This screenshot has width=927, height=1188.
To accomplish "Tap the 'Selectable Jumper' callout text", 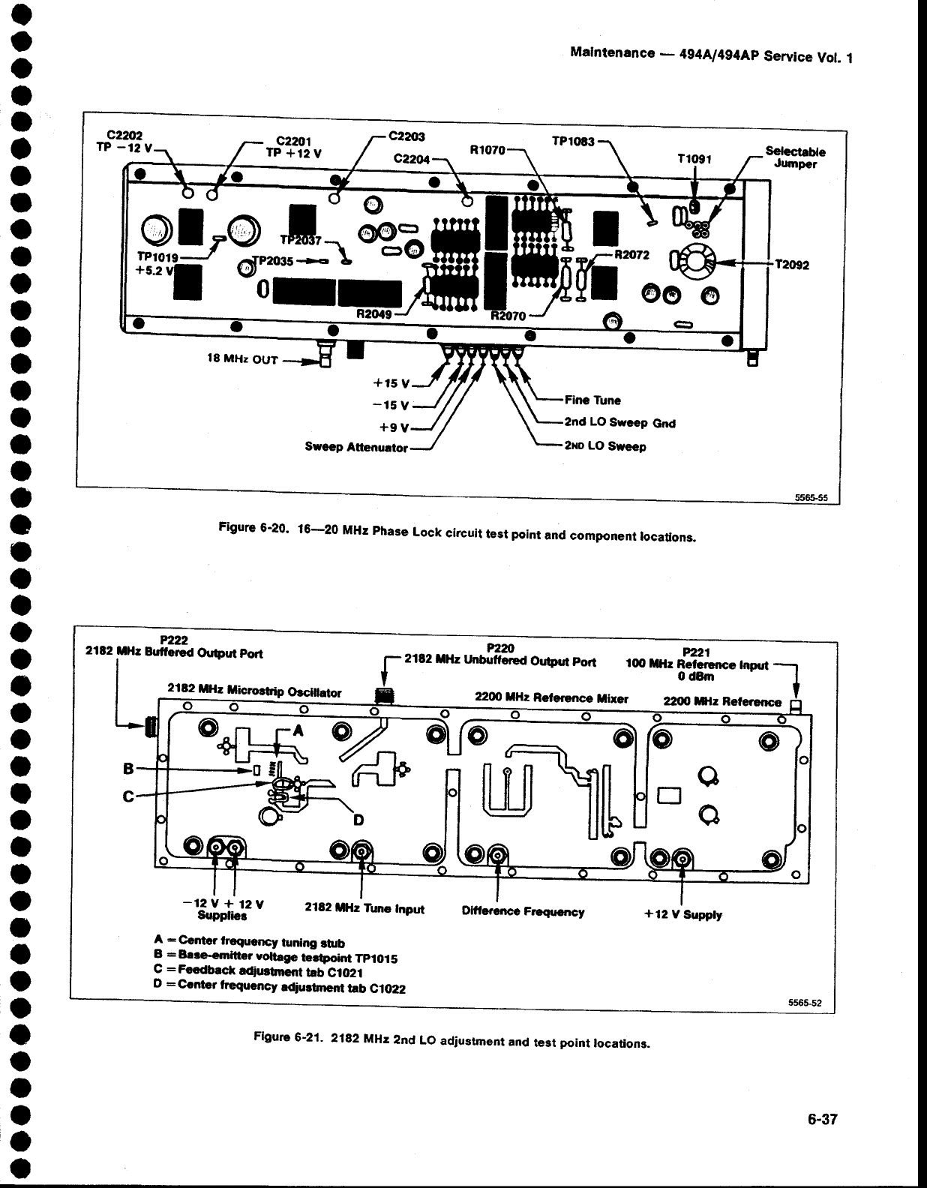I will tap(794, 156).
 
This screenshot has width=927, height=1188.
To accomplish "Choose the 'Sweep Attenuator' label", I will tap(355, 448).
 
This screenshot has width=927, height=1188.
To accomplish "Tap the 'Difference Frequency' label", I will tap(523, 912).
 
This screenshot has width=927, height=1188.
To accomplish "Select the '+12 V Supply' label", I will tap(683, 914).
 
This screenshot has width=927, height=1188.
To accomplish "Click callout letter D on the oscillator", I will tap(358, 820).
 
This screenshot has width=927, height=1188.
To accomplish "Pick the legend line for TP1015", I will tap(276, 958).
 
